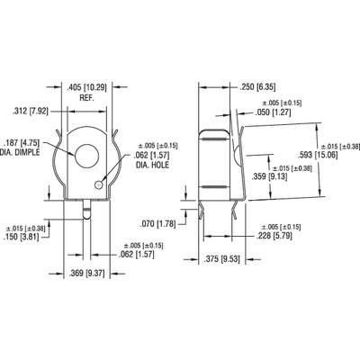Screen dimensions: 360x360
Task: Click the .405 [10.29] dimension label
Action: tap(86, 87)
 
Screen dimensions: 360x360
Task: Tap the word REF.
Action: tap(86, 98)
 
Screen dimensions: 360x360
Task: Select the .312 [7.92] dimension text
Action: tap(31, 112)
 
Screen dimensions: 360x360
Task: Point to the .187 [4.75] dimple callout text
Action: tap(22, 142)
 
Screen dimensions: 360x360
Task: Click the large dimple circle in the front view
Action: tap(87, 156)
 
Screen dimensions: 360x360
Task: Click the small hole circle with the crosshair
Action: tap(98, 185)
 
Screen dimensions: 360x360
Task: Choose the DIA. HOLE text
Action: tap(152, 165)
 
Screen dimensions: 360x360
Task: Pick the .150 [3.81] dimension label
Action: tap(21, 237)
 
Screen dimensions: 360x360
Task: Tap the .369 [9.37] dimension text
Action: tap(86, 274)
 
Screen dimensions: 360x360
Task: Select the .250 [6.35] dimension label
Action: tap(257, 87)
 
